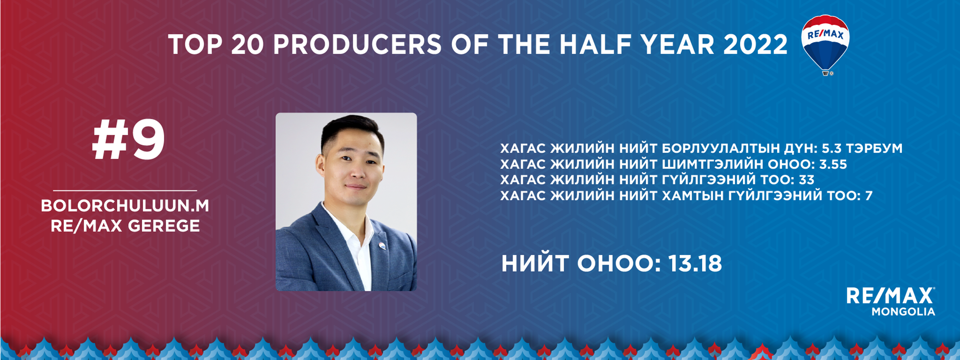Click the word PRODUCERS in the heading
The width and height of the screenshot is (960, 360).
[357, 45]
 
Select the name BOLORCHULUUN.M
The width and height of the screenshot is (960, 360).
[125, 205]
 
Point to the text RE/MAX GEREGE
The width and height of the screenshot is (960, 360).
[125, 226]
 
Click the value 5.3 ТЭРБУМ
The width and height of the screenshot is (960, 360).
[862, 148]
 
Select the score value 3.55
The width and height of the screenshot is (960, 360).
[833, 164]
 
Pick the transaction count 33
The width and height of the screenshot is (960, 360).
[806, 180]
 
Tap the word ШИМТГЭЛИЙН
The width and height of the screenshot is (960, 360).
[712, 164]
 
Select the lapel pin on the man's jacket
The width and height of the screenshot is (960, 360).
[382, 247]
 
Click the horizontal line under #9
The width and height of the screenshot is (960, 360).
[125, 191]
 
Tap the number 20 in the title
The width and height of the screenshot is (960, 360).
[248, 45]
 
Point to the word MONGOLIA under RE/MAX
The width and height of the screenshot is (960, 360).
[903, 312]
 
